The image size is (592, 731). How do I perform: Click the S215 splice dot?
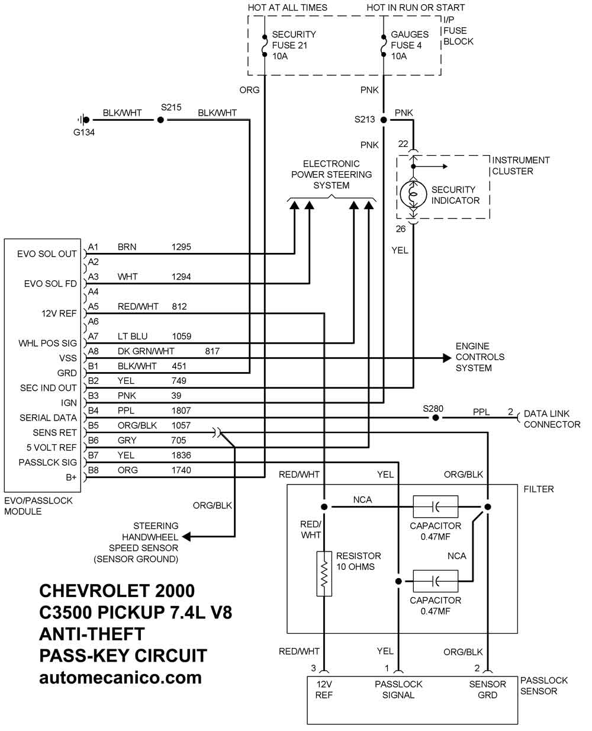point(160,120)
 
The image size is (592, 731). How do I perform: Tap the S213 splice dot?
point(384,120)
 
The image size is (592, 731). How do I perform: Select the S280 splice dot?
point(435,418)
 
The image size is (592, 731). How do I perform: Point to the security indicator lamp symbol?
point(413,194)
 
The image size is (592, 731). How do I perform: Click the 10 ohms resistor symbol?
point(324,573)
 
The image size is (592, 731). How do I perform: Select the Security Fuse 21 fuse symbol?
point(265,45)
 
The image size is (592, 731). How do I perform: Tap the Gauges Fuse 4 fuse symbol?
point(384,45)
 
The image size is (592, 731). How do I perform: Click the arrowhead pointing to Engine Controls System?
point(447,358)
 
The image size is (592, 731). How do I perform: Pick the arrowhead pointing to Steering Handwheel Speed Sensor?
point(186,537)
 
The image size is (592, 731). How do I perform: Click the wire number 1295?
point(181,247)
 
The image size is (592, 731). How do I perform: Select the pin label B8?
point(94,470)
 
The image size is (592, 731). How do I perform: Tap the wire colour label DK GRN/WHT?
point(146,351)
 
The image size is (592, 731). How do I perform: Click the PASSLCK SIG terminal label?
point(48,462)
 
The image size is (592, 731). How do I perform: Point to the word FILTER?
point(539,489)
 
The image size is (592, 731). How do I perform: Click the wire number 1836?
point(181,455)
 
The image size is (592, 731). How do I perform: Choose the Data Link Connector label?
point(552,419)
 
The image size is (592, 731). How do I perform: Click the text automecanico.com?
point(120,678)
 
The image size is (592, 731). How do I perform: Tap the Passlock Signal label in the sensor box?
point(398,690)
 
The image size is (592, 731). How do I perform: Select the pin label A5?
point(94,306)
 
